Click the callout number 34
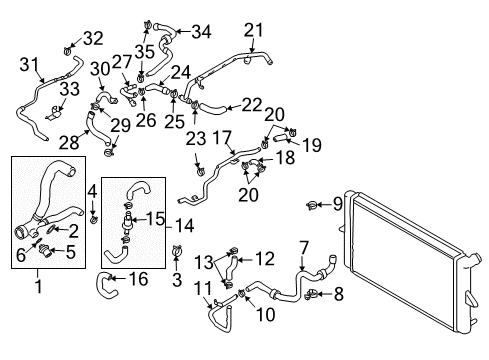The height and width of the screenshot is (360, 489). (201, 32)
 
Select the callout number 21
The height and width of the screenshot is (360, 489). (254, 30)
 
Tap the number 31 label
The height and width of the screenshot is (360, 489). (29, 64)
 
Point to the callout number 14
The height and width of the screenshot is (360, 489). (184, 226)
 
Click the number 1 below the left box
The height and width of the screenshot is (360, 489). (39, 286)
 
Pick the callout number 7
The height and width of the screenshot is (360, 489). (304, 248)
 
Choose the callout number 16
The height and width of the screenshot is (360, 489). (138, 279)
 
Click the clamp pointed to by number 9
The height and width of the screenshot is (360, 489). (312, 206)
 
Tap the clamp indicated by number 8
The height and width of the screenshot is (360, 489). (311, 294)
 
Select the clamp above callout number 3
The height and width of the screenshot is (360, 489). (177, 250)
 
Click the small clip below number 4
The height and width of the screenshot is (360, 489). (94, 219)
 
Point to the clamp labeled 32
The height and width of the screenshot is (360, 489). (67, 51)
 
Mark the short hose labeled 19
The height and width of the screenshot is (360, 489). (281, 137)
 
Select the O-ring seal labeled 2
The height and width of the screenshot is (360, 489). (50, 229)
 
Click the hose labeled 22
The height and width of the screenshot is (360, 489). (213, 107)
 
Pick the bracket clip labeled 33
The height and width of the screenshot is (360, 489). (54, 113)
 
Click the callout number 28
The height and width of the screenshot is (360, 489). (69, 143)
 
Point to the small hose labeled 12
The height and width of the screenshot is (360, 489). (231, 268)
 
